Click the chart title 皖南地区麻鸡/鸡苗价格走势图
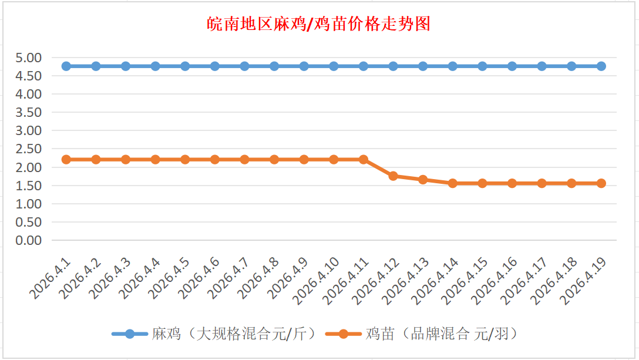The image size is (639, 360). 319,25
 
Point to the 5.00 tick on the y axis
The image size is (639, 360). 29,58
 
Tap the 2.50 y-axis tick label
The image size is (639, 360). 29,149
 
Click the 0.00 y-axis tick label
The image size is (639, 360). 29,240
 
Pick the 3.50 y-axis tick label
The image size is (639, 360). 29,112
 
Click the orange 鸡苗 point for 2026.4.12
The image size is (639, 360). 394,176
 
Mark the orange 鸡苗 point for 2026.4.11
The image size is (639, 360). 364,159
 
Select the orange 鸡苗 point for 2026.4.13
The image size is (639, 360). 423,179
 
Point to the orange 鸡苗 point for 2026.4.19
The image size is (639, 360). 601,183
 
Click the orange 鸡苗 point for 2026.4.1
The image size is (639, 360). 66,159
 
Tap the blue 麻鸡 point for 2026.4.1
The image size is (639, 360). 66,66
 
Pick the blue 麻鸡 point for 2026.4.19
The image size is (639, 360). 601,66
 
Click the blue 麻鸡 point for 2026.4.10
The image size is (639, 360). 334,66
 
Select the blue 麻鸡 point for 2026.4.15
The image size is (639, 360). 482,66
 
